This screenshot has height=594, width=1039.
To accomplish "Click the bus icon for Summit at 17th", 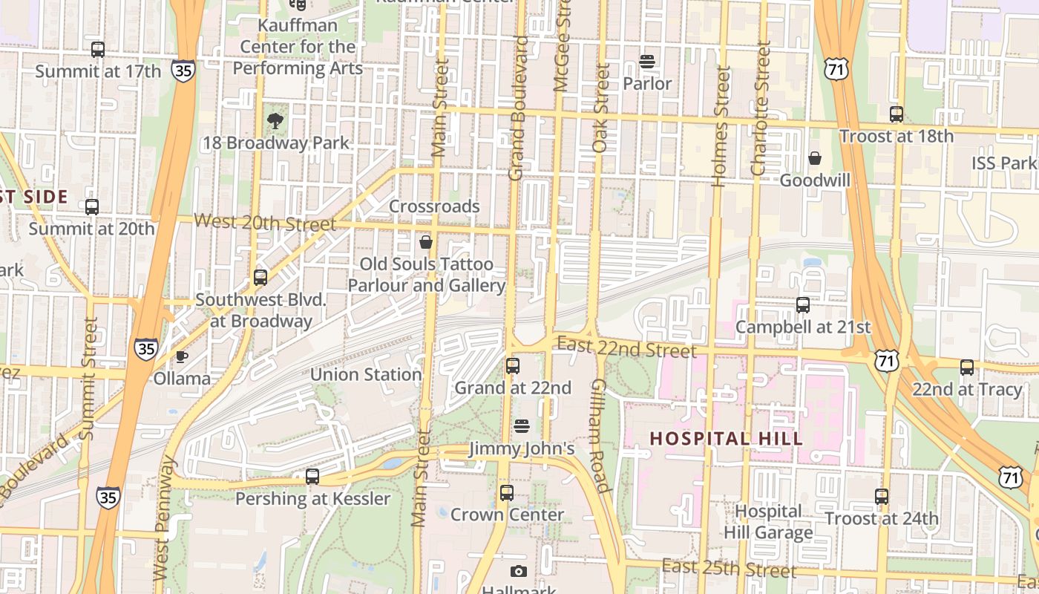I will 98,50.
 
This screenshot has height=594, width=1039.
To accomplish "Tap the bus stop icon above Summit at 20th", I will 92,207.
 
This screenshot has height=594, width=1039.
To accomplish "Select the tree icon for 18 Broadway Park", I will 275,120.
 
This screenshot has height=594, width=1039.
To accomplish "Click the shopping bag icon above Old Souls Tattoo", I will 426,242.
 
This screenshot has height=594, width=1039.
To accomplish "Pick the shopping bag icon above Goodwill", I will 815,158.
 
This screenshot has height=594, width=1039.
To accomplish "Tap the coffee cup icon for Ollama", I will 182,357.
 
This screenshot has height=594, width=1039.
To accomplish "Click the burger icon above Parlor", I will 647,62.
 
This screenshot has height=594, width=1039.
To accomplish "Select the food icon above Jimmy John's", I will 522,426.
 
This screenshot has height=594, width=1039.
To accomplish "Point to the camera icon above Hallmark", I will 519,571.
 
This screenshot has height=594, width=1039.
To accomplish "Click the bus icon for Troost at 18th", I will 897,114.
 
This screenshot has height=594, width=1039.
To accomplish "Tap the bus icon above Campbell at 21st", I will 803,305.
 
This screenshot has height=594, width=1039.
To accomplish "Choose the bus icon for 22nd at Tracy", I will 967,368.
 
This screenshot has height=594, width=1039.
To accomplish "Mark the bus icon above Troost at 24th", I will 882,497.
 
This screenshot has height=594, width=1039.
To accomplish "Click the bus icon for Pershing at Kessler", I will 312,477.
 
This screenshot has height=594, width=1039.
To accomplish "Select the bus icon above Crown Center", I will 507,493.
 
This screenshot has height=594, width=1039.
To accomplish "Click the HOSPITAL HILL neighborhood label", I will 727,439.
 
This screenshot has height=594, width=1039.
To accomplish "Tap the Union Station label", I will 366,375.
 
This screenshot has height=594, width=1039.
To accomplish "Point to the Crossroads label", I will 434,206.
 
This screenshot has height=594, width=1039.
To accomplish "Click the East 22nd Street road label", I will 626,347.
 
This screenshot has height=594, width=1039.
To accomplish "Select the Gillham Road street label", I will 600,436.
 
